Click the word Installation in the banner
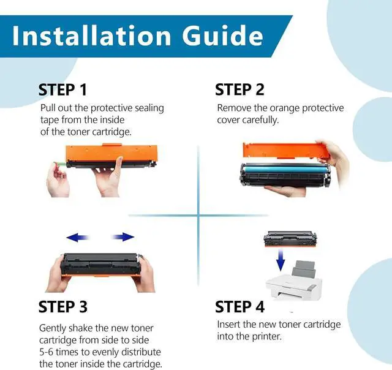coord(91,36)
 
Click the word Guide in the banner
coord(222,36)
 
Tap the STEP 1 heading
coord(62,90)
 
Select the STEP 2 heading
coord(239,90)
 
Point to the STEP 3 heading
coord(63,307)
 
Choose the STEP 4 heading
coord(239,307)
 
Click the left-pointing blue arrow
coord(78,237)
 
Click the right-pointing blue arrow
coord(123,236)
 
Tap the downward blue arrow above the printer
coord(281,260)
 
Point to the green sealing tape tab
coord(59,164)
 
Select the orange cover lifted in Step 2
coord(285,150)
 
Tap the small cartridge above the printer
coord(290,239)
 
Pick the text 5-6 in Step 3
coord(46,352)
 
